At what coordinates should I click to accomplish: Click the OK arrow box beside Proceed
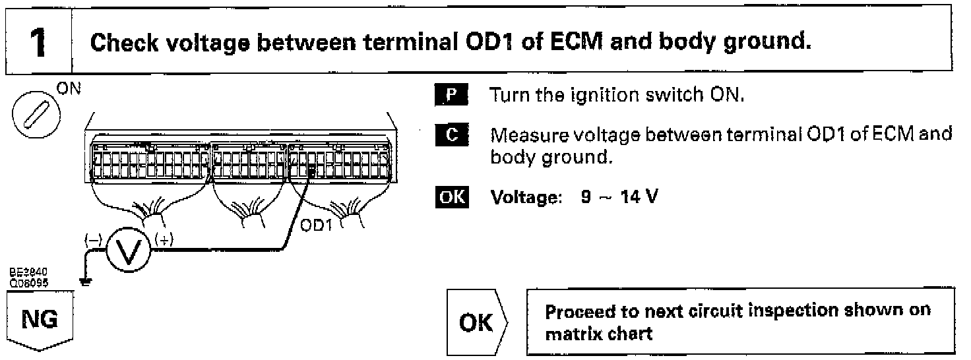pos(477,322)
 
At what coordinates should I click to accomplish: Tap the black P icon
pos(453,94)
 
